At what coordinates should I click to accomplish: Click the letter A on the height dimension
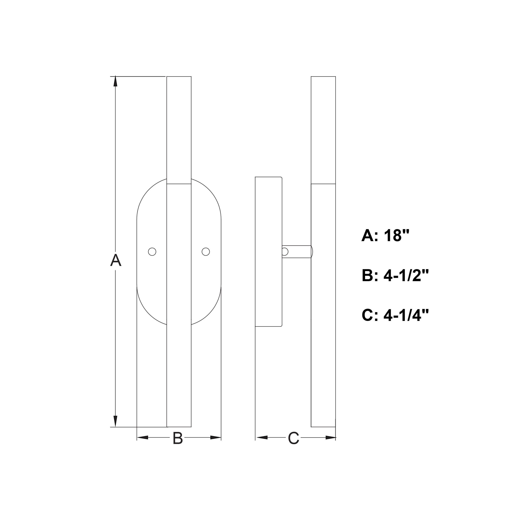[x=116, y=260]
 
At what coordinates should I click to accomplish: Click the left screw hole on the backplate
[x=152, y=252]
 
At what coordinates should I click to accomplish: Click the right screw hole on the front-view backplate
[x=206, y=252]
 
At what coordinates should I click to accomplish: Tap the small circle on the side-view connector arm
[x=285, y=252]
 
